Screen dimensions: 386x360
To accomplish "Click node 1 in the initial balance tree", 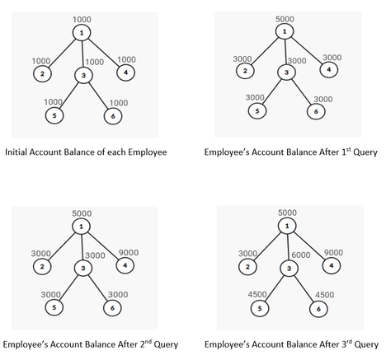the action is [x=82, y=33].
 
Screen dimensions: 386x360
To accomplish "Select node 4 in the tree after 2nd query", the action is [x=125, y=265].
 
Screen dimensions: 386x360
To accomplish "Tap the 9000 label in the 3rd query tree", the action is [x=333, y=252].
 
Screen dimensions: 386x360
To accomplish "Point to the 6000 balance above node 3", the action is [x=301, y=255].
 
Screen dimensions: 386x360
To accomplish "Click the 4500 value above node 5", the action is [x=257, y=294].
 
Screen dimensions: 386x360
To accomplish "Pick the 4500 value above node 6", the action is [x=324, y=295].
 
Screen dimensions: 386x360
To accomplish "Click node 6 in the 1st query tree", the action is [x=316, y=111].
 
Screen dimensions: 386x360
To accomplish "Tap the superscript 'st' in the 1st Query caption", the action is [x=349, y=149].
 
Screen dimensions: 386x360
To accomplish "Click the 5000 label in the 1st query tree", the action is [x=285, y=19].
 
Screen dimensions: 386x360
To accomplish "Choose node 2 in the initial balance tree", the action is [x=42, y=73].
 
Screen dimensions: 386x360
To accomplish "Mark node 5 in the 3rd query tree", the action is [x=260, y=308].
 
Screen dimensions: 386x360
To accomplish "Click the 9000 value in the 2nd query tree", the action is [x=129, y=253].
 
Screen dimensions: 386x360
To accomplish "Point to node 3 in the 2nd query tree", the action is [x=83, y=268].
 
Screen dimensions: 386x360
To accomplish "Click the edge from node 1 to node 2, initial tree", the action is [x=63, y=53].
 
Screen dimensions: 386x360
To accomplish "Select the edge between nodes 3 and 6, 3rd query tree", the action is [x=304, y=288].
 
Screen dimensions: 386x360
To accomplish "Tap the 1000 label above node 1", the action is [x=82, y=20].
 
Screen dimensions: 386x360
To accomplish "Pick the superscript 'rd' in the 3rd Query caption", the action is [x=349, y=341].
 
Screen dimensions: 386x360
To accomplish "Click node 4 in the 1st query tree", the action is [x=329, y=69].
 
